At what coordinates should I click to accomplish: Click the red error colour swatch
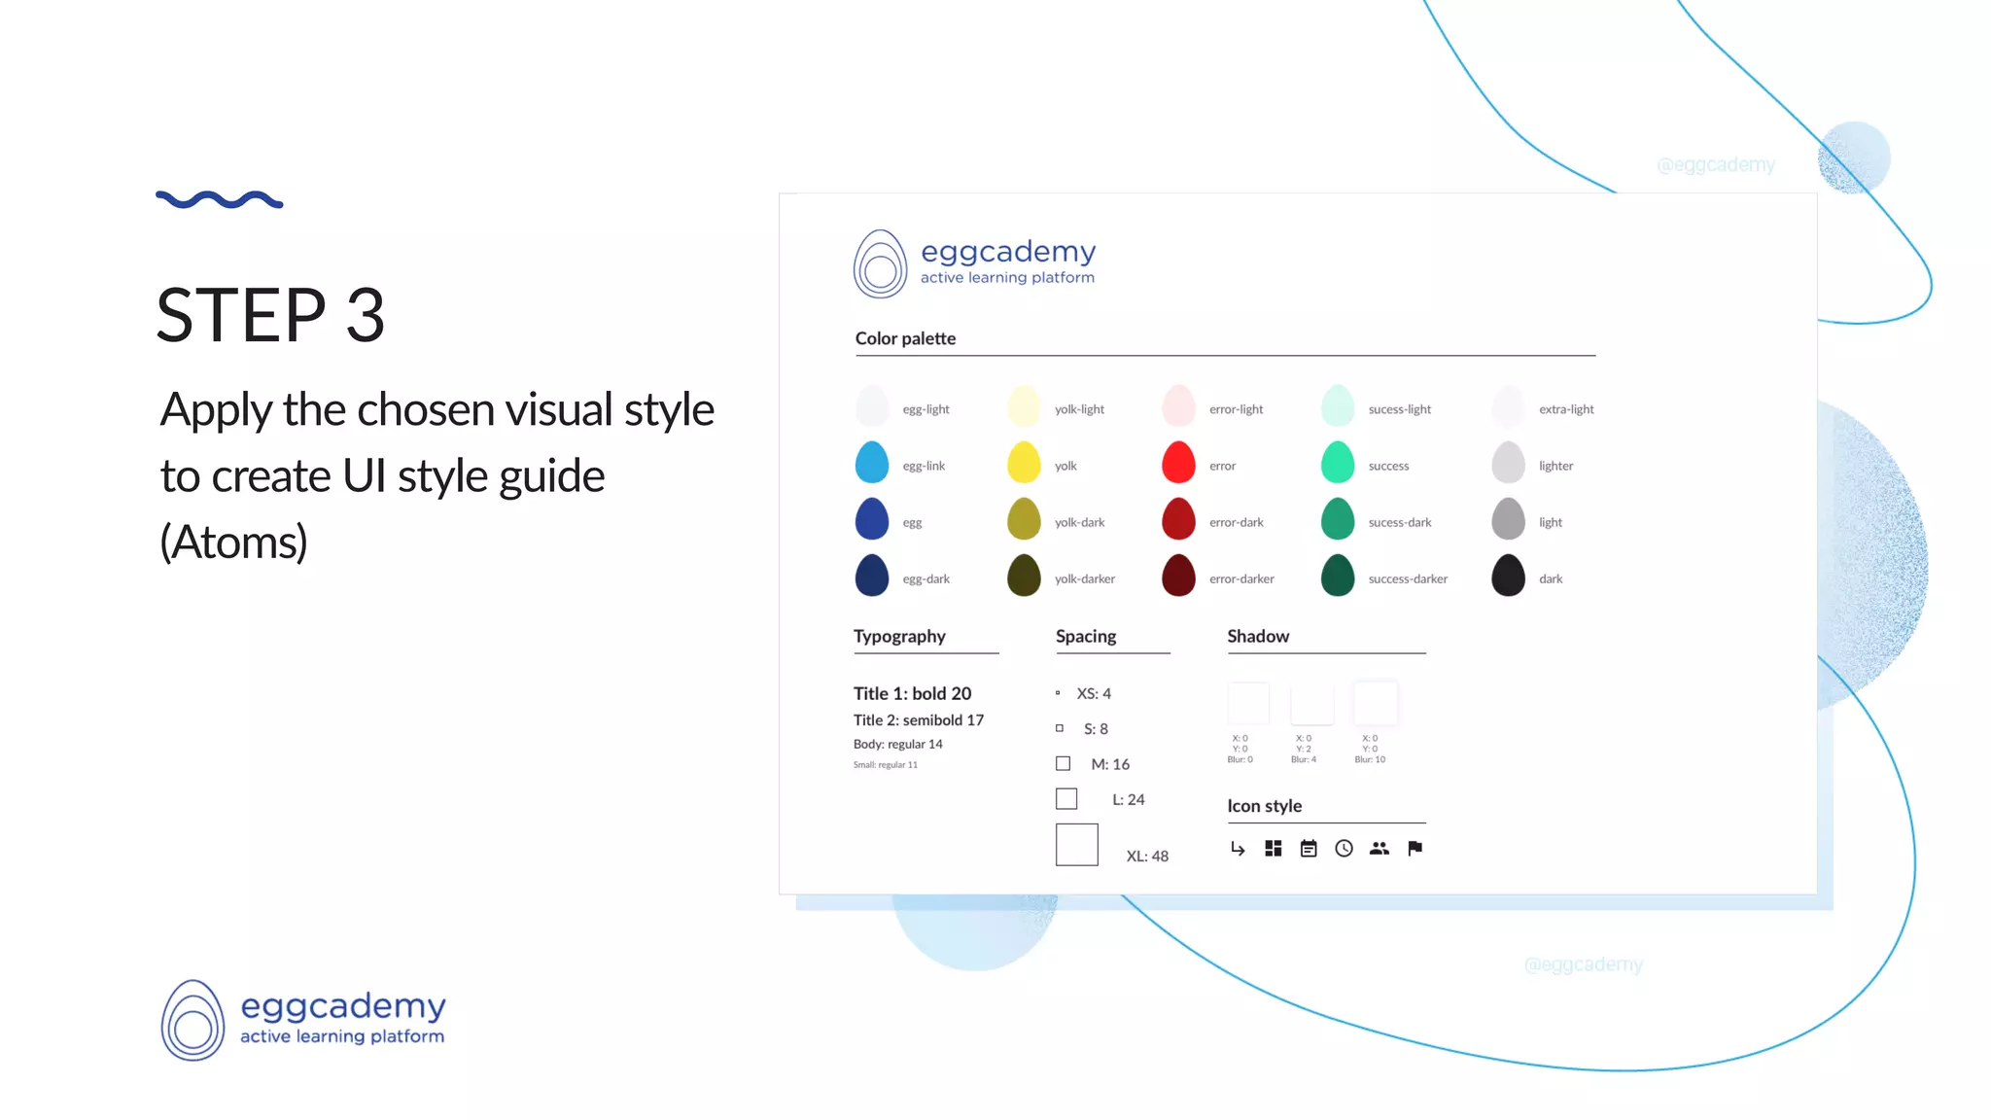(x=1178, y=463)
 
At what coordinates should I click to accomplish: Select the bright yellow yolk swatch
(x=1024, y=463)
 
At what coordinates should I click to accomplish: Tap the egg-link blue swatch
(x=872, y=463)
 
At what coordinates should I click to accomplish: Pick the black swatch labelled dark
(x=1508, y=576)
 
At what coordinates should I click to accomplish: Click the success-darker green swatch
(x=1338, y=576)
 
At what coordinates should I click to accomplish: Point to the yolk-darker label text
(x=1084, y=578)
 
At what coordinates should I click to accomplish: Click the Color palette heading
(x=905, y=338)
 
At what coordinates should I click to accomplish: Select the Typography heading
(x=899, y=636)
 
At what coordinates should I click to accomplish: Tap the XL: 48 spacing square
(x=1076, y=845)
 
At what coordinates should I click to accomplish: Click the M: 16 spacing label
(x=1110, y=764)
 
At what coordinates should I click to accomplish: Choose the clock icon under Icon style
(x=1344, y=849)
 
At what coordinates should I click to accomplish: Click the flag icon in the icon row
(x=1415, y=849)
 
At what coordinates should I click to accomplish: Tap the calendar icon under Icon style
(x=1309, y=849)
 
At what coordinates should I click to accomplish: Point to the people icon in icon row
(x=1379, y=849)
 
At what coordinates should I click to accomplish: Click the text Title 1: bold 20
(x=912, y=693)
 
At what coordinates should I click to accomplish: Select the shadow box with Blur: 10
(x=1375, y=703)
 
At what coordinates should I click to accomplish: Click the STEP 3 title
(x=271, y=316)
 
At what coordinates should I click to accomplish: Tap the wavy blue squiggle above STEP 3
(x=219, y=200)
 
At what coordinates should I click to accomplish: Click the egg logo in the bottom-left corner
(x=192, y=1021)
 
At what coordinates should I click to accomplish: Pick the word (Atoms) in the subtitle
(x=233, y=542)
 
